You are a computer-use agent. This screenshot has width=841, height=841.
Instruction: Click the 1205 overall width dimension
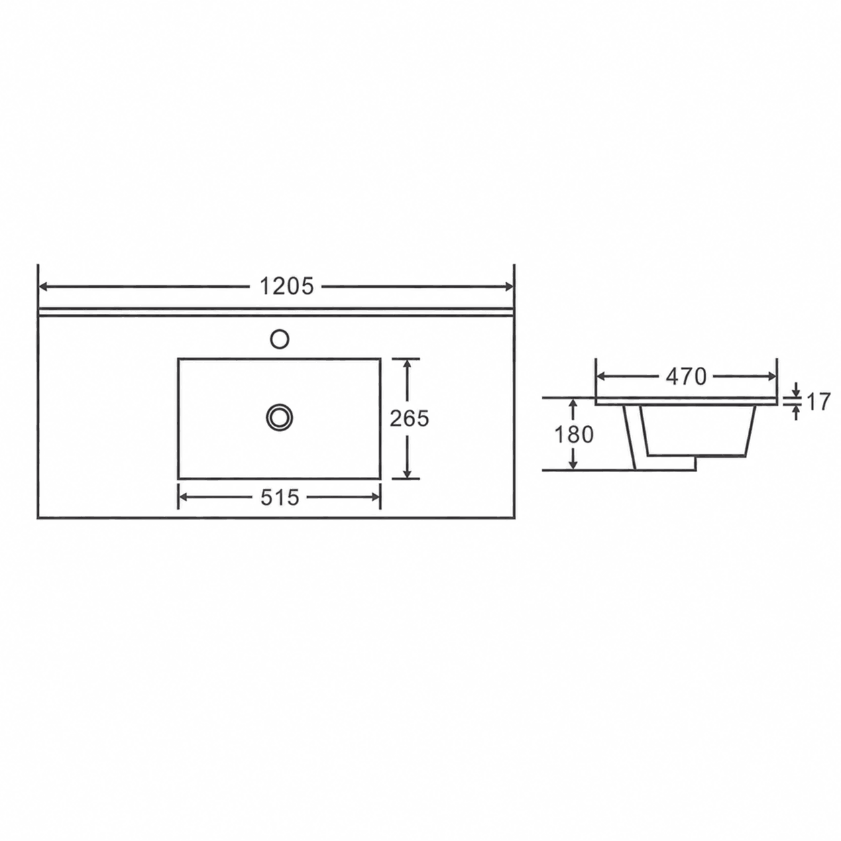click(286, 287)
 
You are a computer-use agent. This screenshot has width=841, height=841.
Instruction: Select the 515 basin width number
click(280, 497)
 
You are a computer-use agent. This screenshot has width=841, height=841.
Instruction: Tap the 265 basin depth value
click(409, 418)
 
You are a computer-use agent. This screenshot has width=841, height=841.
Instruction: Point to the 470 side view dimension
click(685, 376)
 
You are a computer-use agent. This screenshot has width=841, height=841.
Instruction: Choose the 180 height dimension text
click(574, 435)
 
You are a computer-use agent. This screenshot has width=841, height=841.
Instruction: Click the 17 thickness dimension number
click(818, 402)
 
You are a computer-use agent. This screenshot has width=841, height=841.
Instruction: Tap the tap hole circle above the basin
click(279, 339)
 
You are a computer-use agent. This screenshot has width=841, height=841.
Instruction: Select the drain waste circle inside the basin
click(279, 418)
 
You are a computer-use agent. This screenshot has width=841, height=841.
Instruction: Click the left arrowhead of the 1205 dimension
click(44, 287)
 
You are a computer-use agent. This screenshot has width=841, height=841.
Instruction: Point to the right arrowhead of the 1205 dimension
click(509, 287)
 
